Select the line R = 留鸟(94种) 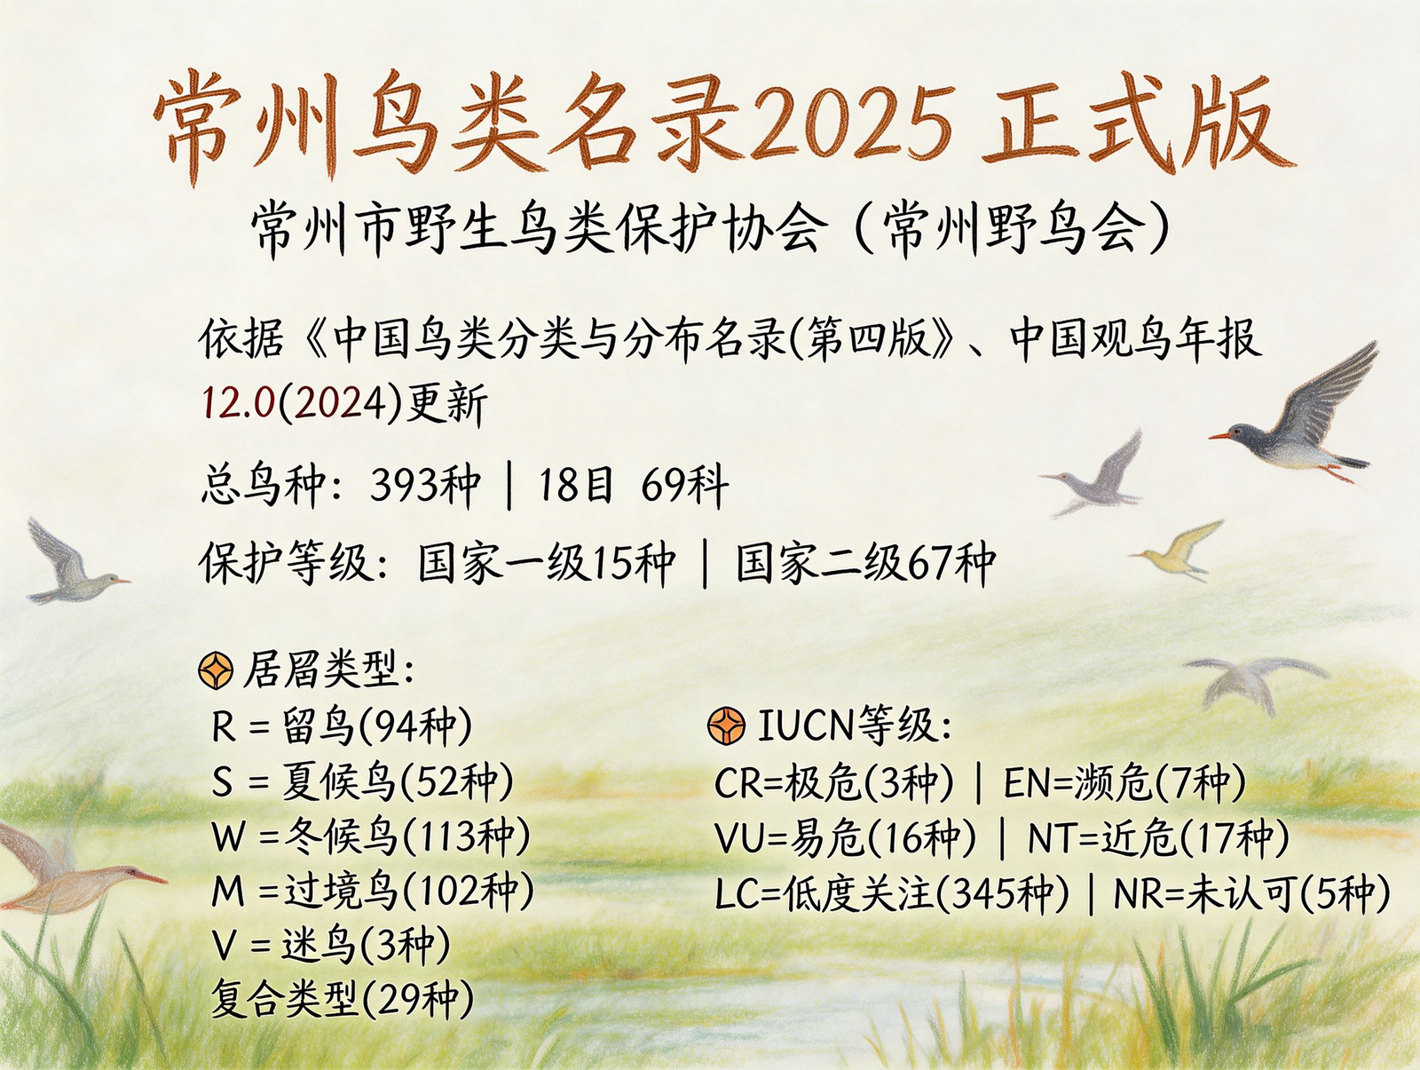(x=342, y=726)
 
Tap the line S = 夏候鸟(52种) (x=361, y=781)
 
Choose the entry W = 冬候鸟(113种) (x=371, y=836)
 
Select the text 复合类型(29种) (x=343, y=1000)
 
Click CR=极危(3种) (x=834, y=782)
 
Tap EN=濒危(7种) (x=1125, y=782)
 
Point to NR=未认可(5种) (x=1251, y=894)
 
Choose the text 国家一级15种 (x=547, y=562)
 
